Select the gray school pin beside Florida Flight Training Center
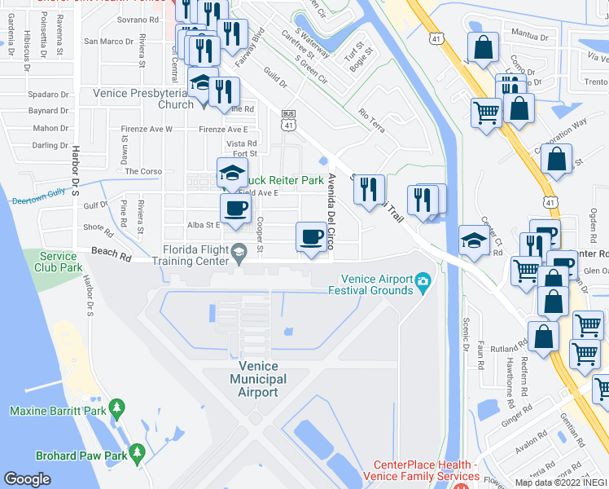click(x=239, y=250)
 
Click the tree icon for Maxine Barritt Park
click(x=116, y=406)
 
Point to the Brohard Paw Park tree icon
click(x=137, y=451)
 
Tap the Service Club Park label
click(x=59, y=262)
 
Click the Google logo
click(x=27, y=478)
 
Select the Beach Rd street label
click(x=111, y=255)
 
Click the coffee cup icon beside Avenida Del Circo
click(x=309, y=236)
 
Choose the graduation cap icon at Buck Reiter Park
click(x=231, y=171)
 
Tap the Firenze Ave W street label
click(x=147, y=129)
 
